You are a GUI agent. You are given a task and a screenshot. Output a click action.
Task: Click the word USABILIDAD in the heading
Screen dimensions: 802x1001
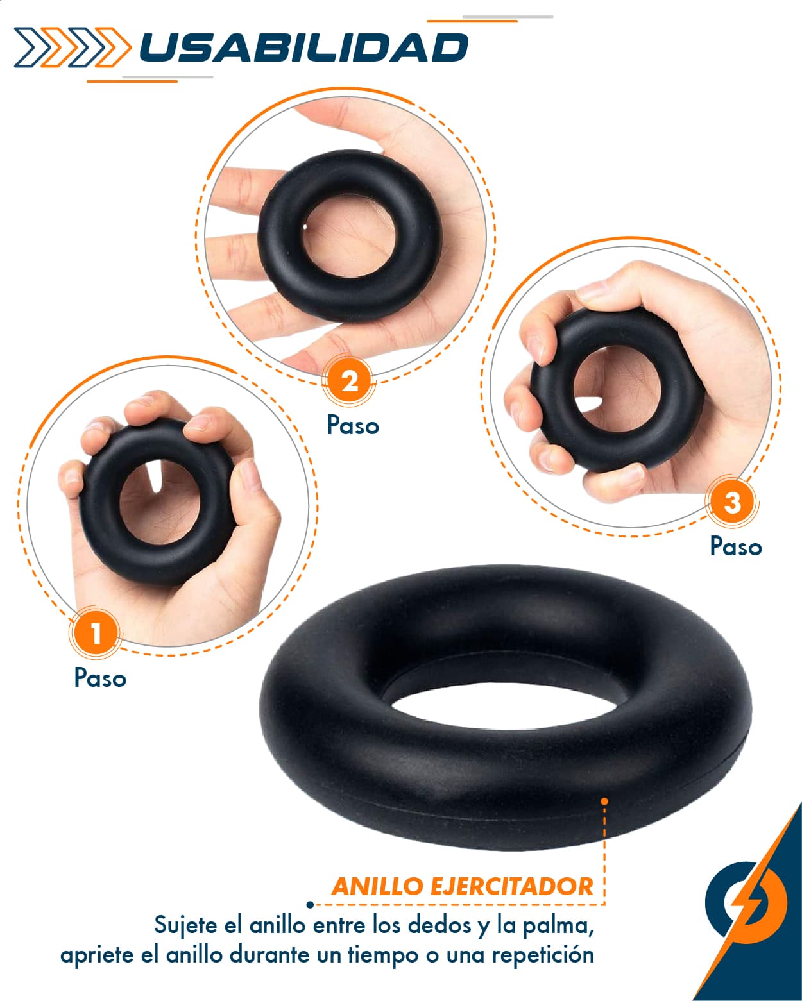click(x=303, y=47)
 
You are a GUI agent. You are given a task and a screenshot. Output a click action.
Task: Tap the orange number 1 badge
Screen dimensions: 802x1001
click(x=96, y=633)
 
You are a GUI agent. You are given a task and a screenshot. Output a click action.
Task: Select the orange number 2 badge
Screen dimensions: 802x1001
click(x=349, y=382)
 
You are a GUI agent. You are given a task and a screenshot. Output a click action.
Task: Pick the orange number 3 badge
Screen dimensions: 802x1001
click(x=732, y=502)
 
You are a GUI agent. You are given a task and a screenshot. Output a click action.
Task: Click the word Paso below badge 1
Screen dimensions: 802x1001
click(x=100, y=678)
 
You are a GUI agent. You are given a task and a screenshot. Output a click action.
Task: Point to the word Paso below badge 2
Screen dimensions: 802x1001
click(x=353, y=425)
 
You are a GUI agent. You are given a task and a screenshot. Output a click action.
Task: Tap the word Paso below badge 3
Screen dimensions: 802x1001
click(x=736, y=546)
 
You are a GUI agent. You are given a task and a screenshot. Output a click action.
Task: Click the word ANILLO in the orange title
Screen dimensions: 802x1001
click(x=377, y=887)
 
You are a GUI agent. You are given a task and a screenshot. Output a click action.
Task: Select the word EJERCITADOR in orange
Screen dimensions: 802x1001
click(x=512, y=887)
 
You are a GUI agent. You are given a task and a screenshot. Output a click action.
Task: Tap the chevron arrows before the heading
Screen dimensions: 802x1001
click(x=72, y=47)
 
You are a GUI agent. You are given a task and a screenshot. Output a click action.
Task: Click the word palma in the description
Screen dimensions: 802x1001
click(x=558, y=926)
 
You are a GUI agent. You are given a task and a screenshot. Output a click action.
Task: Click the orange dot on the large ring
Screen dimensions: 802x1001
click(x=604, y=802)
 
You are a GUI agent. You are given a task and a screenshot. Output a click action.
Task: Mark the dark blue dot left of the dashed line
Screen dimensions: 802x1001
click(x=310, y=905)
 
